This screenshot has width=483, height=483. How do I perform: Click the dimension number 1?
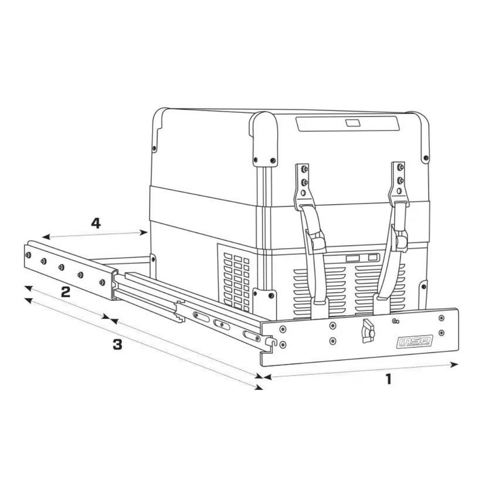point(389,379)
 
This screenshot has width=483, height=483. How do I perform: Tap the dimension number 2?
point(66,292)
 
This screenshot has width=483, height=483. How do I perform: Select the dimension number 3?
point(117,344)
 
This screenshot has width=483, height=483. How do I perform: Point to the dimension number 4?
point(96,223)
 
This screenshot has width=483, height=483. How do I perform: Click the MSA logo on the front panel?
point(415,342)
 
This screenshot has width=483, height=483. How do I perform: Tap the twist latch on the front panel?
point(368,331)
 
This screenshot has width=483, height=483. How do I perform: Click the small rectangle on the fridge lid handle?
point(353,123)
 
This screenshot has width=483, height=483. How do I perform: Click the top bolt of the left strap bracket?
point(304,169)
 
